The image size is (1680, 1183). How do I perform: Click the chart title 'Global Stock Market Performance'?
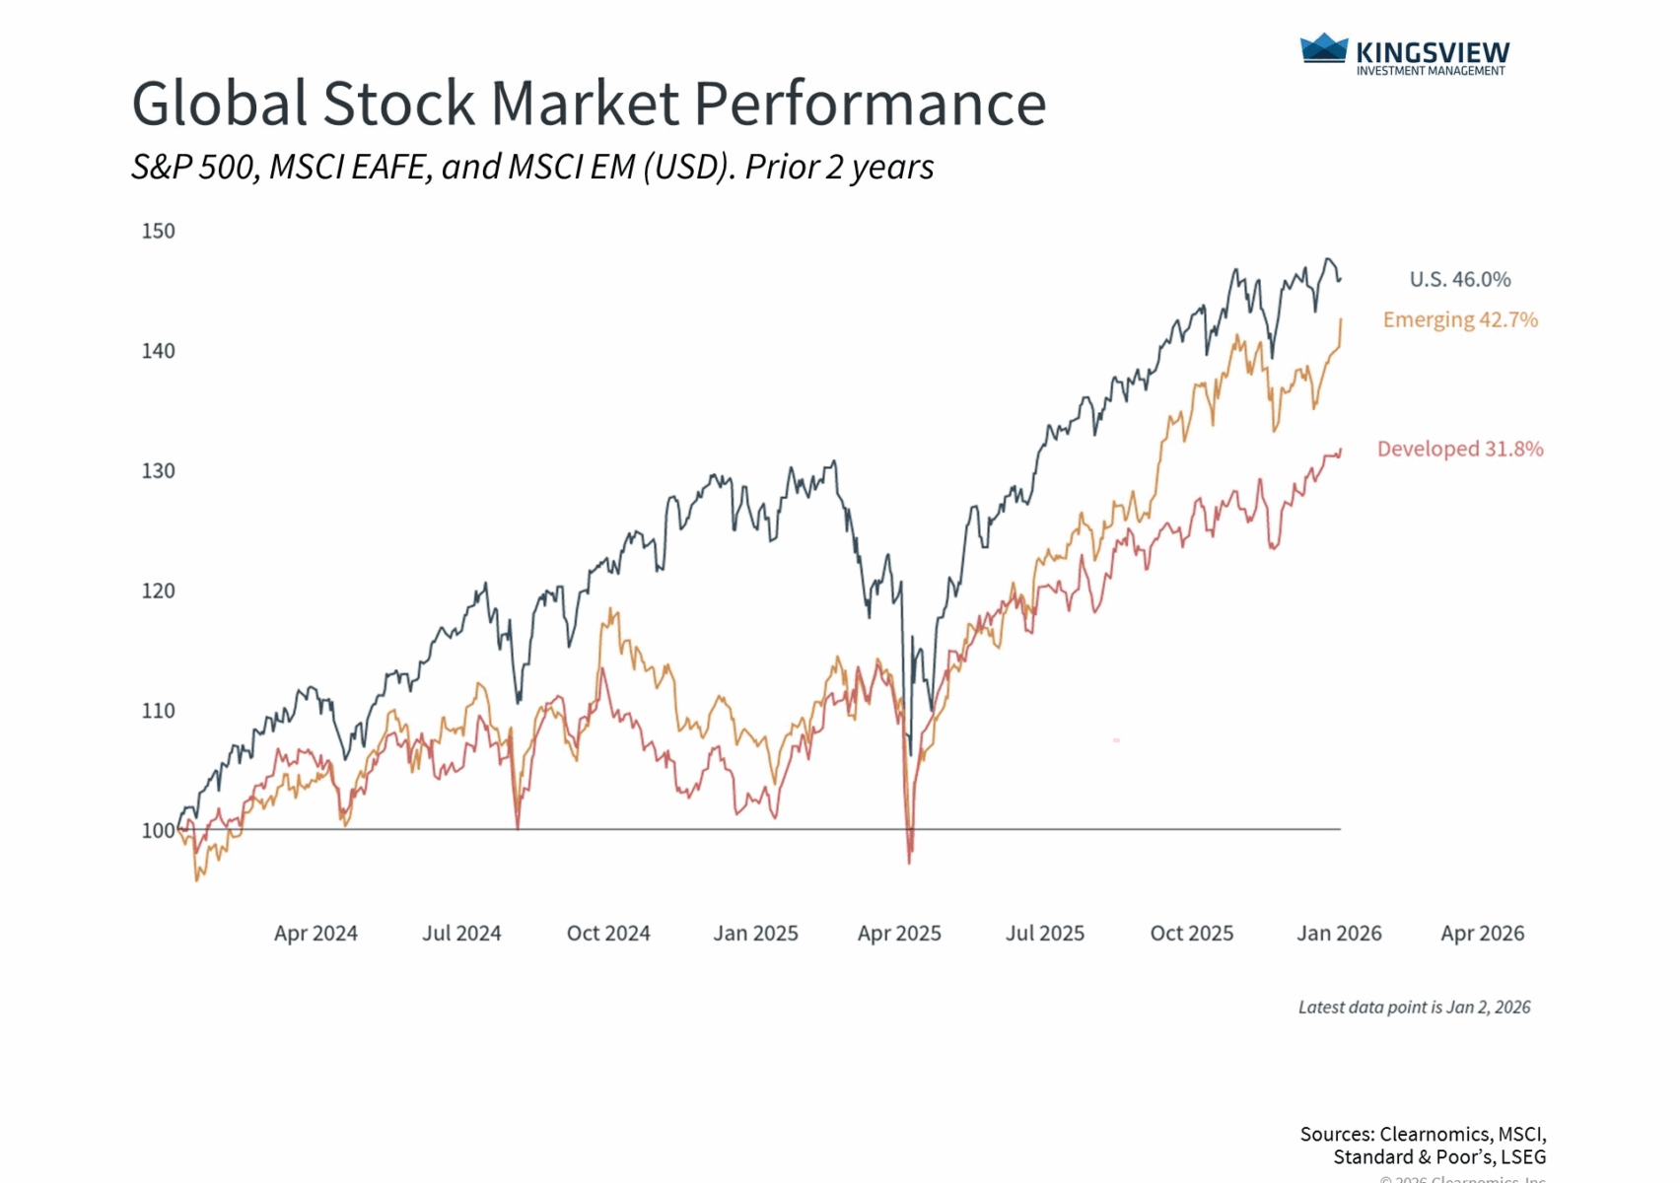coord(589,104)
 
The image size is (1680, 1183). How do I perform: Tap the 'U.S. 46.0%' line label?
coord(1459,280)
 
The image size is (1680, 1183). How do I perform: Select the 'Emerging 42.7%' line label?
coord(1459,320)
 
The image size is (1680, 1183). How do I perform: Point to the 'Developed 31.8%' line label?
coord(1459,450)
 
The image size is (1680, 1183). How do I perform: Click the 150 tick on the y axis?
coord(158,232)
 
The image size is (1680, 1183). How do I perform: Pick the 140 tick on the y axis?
coord(158,352)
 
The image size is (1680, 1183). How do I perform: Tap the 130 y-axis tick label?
coord(158,471)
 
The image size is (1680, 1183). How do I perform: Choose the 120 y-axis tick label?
coord(158,591)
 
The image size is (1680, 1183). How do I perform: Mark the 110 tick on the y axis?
coord(158,711)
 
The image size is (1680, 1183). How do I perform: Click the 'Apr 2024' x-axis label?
coord(315,934)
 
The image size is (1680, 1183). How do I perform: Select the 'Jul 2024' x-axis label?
coord(461,934)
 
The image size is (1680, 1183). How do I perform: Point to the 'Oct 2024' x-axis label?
coord(608,934)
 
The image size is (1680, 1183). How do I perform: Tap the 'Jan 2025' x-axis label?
coord(755,934)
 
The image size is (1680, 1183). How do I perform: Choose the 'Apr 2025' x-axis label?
coord(899,934)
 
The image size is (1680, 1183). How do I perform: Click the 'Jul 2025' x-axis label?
coord(1045,934)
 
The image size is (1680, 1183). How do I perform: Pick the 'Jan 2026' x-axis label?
coord(1339,934)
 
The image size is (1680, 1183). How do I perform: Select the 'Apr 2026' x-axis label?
coord(1482,934)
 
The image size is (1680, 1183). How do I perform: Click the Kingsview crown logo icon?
coord(1323,48)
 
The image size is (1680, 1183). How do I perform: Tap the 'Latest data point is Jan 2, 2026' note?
coord(1414,1008)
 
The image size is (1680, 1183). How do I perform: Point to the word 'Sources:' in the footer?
coord(1336,1135)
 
